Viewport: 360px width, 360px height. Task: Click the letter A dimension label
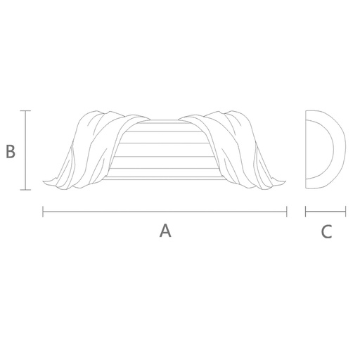pos(165,231)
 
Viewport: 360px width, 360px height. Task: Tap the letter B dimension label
pos(11,151)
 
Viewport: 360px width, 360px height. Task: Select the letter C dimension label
pos(326,231)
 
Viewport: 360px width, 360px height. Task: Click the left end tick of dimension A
pos(43,212)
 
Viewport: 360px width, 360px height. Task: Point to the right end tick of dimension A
pos(287,212)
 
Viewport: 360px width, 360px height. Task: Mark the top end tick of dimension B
pos(25,110)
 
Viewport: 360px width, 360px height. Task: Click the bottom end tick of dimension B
pos(25,190)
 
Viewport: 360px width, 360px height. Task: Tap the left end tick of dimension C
pos(306,212)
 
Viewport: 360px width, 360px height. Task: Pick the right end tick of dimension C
pos(345,212)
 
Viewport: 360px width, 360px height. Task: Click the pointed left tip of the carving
pos(44,181)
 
